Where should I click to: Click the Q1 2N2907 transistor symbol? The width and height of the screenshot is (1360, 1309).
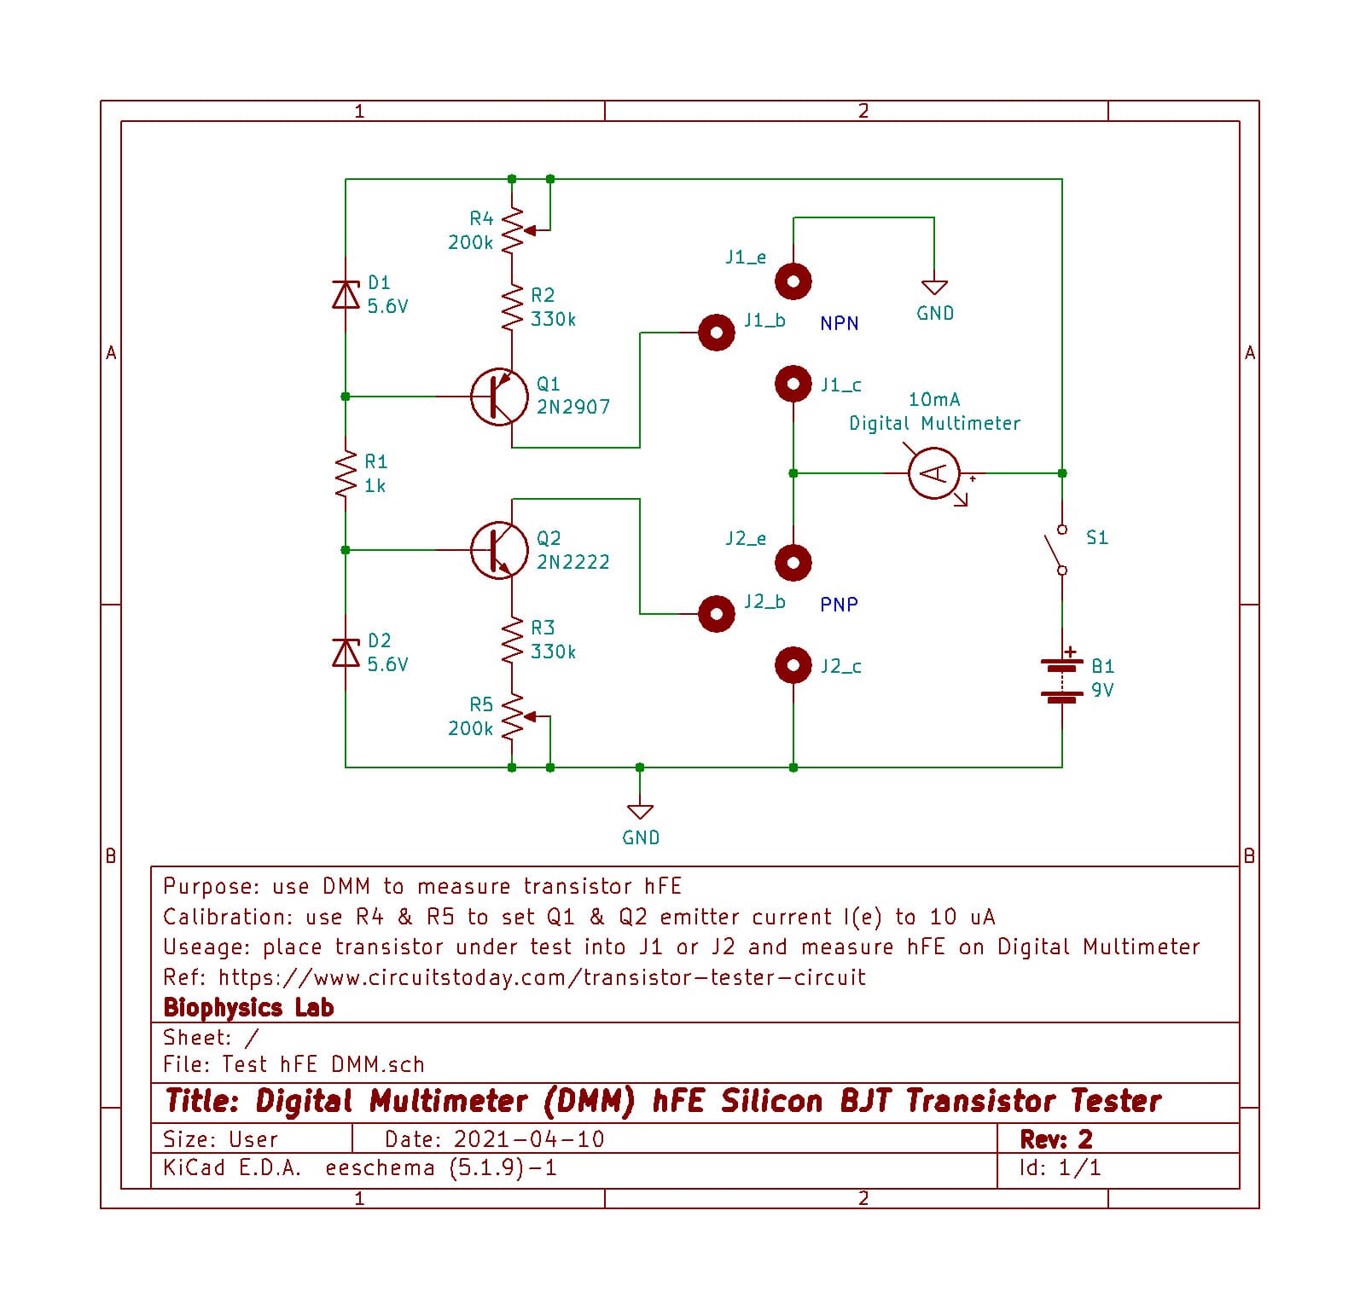tap(499, 397)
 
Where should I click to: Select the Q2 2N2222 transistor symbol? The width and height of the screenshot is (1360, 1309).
tap(499, 550)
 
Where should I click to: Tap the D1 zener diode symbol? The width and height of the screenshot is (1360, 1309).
tap(346, 294)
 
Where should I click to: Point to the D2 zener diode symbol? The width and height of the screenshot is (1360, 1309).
tap(346, 652)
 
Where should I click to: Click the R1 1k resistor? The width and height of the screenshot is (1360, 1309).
tap(346, 474)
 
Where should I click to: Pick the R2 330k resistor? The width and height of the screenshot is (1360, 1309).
tap(512, 307)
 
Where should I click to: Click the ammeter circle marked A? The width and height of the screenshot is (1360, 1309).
tap(934, 473)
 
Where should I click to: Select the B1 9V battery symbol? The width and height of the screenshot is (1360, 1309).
tap(1062, 679)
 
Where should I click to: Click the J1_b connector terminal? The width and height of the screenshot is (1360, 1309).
tap(717, 333)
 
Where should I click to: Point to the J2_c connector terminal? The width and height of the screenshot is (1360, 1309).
tap(793, 665)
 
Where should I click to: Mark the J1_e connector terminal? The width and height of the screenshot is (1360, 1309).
tap(793, 281)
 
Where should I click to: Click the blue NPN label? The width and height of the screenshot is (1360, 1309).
tap(840, 323)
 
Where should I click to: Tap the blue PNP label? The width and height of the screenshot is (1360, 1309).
tap(840, 605)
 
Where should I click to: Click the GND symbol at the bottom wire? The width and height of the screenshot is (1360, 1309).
tap(640, 811)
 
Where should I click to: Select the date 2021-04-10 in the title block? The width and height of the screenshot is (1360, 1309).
tap(530, 1139)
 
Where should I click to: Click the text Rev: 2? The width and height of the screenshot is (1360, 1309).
tap(1056, 1139)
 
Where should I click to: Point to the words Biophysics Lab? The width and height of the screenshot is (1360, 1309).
tap(248, 1007)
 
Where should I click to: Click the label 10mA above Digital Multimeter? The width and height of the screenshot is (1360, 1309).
tap(934, 399)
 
